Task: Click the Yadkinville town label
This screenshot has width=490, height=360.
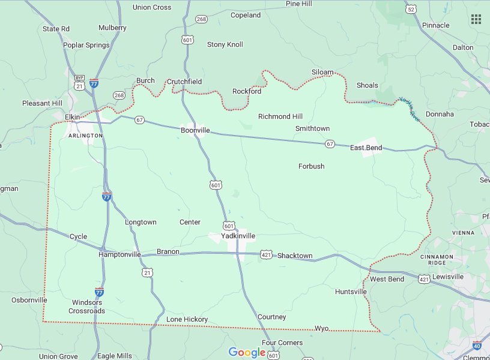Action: (x=238, y=236)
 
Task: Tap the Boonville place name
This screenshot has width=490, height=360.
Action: (x=195, y=130)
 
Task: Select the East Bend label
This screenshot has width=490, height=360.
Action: (x=366, y=148)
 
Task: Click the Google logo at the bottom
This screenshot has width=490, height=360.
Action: (x=246, y=352)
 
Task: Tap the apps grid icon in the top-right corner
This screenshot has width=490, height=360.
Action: (x=476, y=19)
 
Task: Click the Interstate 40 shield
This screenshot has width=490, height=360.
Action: (x=477, y=346)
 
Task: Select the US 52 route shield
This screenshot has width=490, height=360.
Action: (x=411, y=9)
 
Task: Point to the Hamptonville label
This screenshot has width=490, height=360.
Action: (x=119, y=254)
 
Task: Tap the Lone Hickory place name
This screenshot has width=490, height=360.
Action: (x=187, y=319)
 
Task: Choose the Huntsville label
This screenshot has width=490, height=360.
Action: (x=351, y=292)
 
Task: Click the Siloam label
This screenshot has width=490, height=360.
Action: (x=322, y=72)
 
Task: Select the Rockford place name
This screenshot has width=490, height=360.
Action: (x=247, y=91)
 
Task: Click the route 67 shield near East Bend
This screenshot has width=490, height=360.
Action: (x=330, y=144)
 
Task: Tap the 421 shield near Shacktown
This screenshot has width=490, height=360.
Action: (x=266, y=255)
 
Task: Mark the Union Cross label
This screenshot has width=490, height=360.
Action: (x=152, y=8)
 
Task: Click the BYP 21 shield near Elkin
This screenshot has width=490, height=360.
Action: (x=79, y=83)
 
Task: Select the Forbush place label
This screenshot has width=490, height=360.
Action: (x=311, y=166)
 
